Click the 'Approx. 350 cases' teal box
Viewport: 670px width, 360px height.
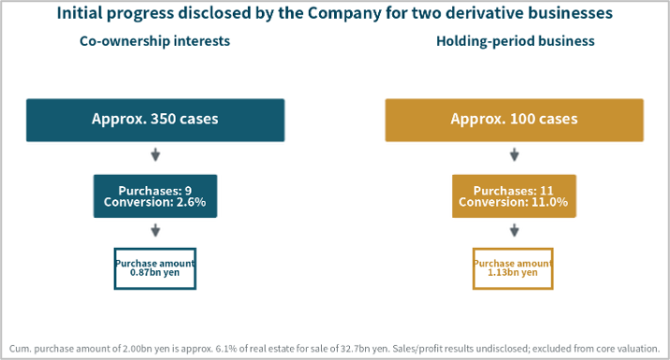[x=155, y=120]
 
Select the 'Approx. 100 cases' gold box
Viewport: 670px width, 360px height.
[x=514, y=120]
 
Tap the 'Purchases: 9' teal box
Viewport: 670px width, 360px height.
[x=155, y=196]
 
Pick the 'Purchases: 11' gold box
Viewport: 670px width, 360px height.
[x=514, y=196]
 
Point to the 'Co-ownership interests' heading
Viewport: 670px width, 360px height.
[x=154, y=41]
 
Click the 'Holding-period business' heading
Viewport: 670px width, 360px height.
[x=516, y=41]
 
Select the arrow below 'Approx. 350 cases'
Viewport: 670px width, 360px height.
[x=155, y=154]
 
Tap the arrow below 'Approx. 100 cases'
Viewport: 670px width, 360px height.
[x=515, y=154]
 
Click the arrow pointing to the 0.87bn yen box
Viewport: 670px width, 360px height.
[x=155, y=230]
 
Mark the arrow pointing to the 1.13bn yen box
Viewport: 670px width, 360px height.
[x=515, y=230]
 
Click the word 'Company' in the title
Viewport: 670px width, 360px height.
[x=344, y=14]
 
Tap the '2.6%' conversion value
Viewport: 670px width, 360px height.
[x=191, y=202]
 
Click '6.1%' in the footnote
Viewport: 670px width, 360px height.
[x=226, y=349]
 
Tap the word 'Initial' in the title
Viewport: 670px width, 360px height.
[x=79, y=13]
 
